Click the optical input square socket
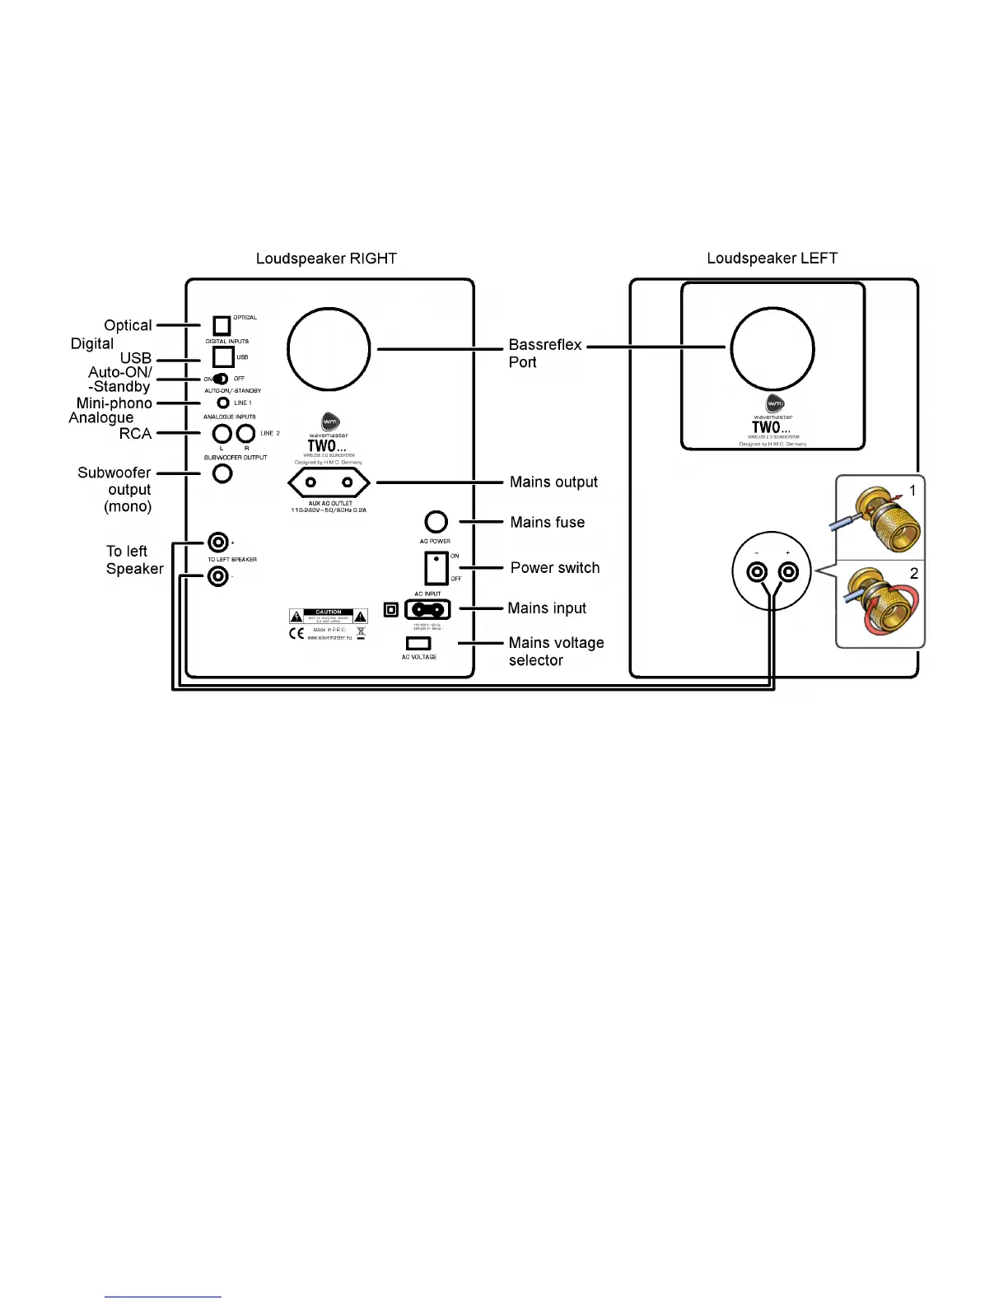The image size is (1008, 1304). pos(222,325)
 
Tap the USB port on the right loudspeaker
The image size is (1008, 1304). pos(223,356)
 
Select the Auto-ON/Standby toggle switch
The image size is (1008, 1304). pos(220,379)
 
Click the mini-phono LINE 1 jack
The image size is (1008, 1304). pos(223,403)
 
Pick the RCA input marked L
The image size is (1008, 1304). pos(222,433)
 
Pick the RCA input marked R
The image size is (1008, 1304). pos(245,433)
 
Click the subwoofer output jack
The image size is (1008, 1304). pos(222,473)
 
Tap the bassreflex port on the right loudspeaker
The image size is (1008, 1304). pos(329,349)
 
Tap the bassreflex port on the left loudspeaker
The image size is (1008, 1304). pos(772,349)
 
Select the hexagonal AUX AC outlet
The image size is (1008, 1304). pos(329,482)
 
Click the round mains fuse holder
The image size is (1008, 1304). pos(436,522)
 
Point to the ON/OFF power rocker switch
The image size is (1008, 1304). pos(436,567)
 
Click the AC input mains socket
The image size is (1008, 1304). pos(427,609)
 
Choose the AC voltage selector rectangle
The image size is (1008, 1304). pos(418,643)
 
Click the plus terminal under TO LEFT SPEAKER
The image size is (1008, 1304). pos(218,542)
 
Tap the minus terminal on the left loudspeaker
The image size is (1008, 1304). pos(756,572)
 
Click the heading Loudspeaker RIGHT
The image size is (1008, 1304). pos(326,258)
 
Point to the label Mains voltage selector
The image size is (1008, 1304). pos(556,651)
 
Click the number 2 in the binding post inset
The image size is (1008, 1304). pos(913,574)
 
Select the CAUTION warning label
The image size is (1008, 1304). pos(329,616)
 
